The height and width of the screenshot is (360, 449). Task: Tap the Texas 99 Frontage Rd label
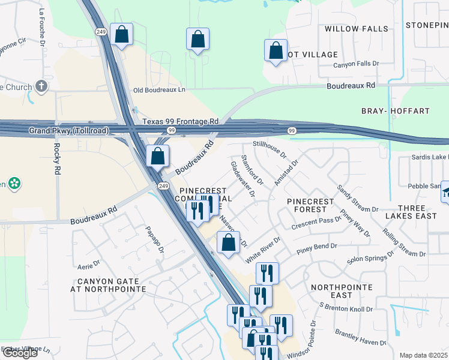coord(180,121)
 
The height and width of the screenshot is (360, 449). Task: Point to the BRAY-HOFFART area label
coord(395,111)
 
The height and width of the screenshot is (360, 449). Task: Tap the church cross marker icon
coord(41,86)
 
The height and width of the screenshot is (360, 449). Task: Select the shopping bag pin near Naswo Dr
coord(228,243)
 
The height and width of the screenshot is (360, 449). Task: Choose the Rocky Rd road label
coord(58,158)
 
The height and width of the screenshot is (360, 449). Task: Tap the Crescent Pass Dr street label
coord(316,223)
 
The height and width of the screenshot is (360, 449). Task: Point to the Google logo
coord(20,353)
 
